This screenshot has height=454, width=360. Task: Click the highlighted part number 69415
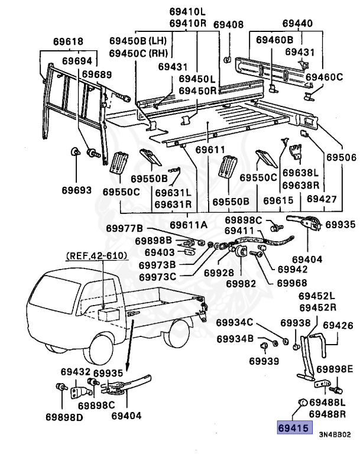294,427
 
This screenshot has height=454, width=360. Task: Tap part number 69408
228,25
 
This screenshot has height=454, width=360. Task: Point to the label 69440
297,24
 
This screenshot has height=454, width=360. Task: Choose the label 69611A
189,225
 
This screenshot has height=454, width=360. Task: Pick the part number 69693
77,191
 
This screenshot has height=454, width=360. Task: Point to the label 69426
338,326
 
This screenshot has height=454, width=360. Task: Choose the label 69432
76,372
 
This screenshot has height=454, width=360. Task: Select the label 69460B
275,40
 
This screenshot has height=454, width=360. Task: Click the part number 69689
96,74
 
